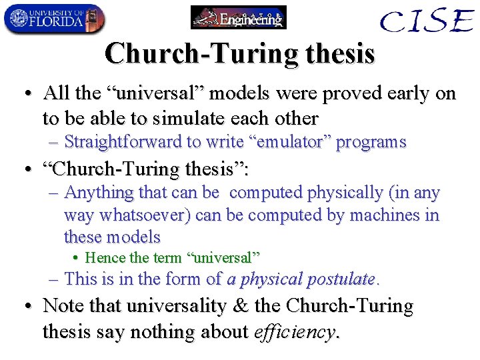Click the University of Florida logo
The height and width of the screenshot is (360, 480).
coord(54,19)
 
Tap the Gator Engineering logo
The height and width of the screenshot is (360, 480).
coord(238,17)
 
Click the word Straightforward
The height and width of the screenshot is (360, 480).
coord(123,142)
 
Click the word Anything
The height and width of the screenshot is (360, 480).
coord(99,193)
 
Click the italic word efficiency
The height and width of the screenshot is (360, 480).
coord(297,331)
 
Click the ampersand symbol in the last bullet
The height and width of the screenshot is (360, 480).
coord(236,307)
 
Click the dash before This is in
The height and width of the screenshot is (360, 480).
coord(55,279)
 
